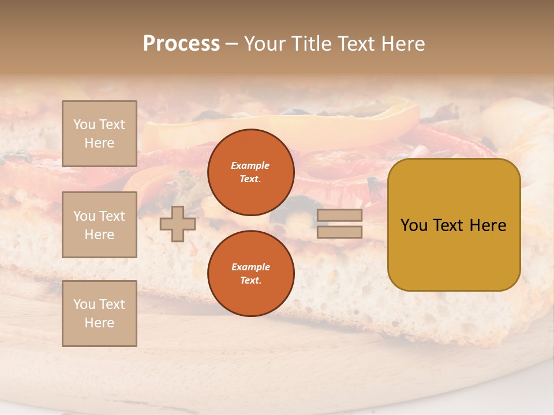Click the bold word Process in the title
181,44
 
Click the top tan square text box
99,134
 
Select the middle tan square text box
99,225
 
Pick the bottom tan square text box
99,314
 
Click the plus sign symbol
178,224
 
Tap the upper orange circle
251,172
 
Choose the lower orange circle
251,274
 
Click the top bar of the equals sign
339,216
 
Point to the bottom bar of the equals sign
339,232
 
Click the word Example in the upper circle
250,165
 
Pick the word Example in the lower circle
250,267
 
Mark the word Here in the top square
99,143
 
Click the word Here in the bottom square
99,323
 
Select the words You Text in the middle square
99,216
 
